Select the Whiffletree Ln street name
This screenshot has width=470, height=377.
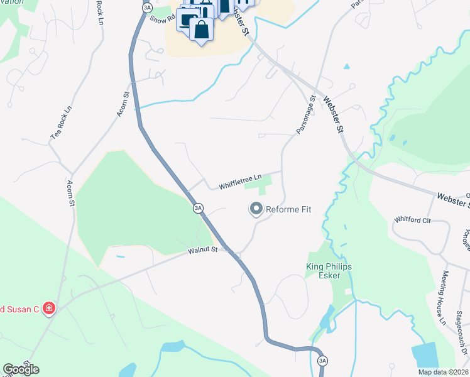pyautogui.click(x=239, y=182)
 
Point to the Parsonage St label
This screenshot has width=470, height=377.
pyautogui.click(x=305, y=114)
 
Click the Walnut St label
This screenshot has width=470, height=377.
pyautogui.click(x=202, y=250)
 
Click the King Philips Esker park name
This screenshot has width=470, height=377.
pyautogui.click(x=329, y=271)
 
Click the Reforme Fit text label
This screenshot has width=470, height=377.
pyautogui.click(x=289, y=209)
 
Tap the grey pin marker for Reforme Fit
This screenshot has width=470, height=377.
pyautogui.click(x=256, y=208)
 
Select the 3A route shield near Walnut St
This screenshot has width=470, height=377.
pyautogui.click(x=198, y=207)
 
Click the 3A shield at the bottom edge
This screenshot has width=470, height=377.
pyautogui.click(x=322, y=361)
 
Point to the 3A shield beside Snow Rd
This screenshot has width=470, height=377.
pyautogui.click(x=147, y=7)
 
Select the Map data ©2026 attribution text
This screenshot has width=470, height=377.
pyautogui.click(x=443, y=372)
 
